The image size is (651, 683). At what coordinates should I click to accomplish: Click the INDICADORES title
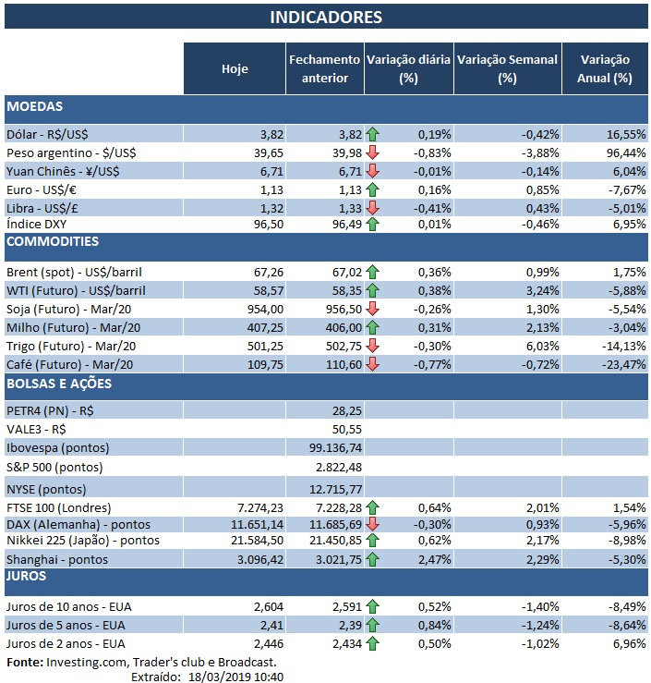[325, 18]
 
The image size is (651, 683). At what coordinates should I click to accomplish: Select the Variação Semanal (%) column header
[506, 68]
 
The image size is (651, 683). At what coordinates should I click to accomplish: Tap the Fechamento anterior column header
[324, 68]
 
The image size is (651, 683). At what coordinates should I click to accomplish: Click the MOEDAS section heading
[35, 106]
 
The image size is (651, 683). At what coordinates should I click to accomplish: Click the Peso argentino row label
[62, 152]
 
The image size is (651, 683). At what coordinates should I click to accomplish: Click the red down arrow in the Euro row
[373, 189]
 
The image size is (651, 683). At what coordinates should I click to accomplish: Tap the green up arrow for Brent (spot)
[373, 272]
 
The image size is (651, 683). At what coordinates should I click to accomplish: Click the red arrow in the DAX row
[373, 523]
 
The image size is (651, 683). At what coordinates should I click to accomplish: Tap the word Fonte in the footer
[24, 662]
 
